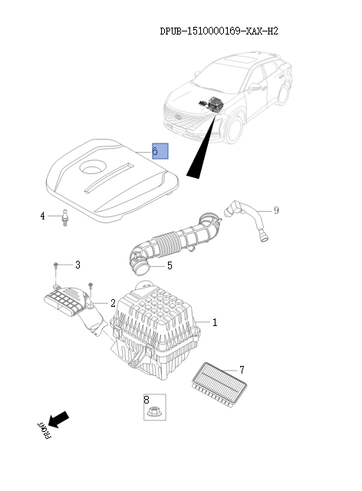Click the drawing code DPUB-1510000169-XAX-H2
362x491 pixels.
pos(219,31)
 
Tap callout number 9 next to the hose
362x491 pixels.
pos(276,210)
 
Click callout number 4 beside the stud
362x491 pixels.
pos(43,216)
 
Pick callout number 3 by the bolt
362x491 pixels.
pos(77,265)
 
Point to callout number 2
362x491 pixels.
pos(113,303)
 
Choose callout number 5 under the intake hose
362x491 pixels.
pos(169,266)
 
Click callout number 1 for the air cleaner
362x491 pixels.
pos(215,323)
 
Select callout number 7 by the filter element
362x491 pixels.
pos(242,370)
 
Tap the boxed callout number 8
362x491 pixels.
pos(146,399)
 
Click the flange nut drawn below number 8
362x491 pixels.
pos(153,412)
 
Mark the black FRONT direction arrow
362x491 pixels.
pos(58,420)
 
